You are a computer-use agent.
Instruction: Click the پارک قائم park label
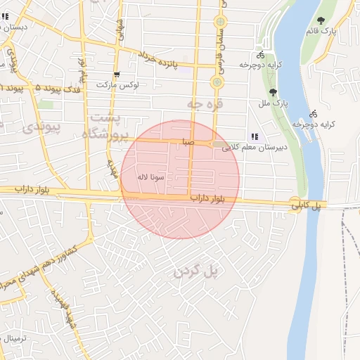point(322,32)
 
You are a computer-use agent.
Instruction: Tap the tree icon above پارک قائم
point(321,20)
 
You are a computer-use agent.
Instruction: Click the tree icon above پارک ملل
point(273,92)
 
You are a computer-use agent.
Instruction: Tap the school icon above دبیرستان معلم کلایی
point(255,136)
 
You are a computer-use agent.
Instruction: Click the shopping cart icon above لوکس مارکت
point(117,74)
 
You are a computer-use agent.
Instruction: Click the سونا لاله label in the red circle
point(153,177)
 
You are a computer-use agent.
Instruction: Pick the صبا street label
point(187,142)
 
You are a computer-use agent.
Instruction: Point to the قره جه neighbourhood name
point(203,103)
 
